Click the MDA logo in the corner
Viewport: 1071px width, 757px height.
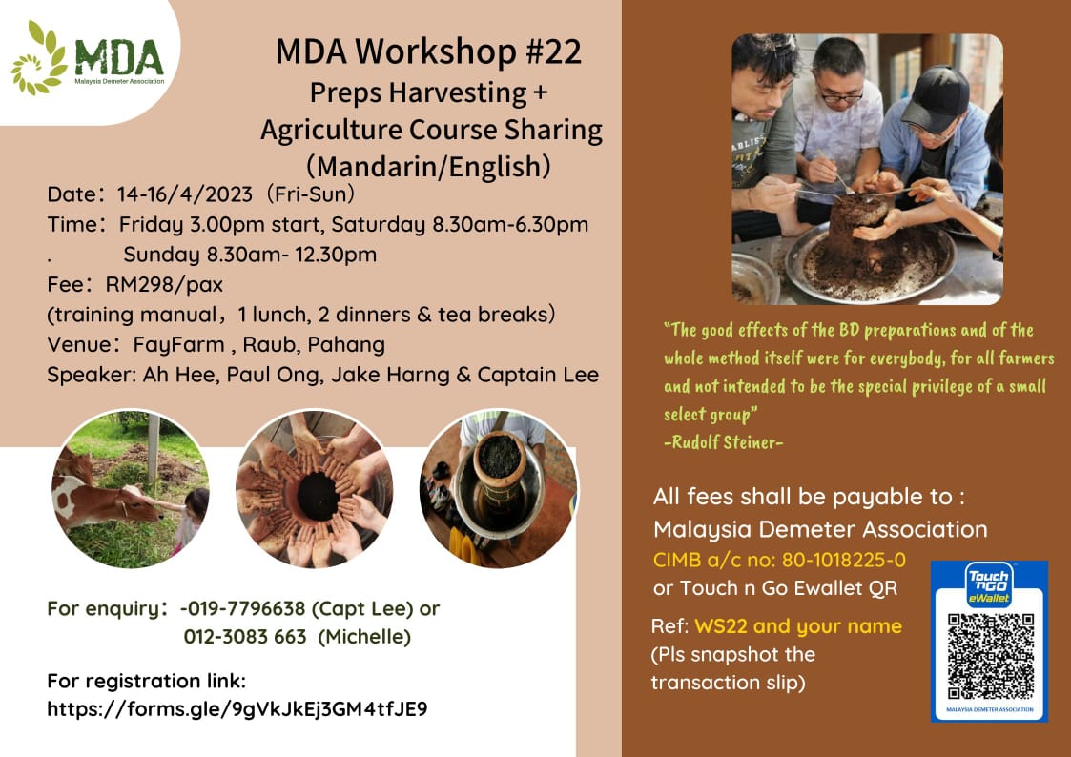pyautogui.click(x=88, y=60)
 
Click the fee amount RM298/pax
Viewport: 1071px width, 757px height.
pyautogui.click(x=164, y=284)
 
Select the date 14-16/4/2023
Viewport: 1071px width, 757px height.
pyautogui.click(x=184, y=194)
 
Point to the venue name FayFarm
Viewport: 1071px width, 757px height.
pyautogui.click(x=178, y=345)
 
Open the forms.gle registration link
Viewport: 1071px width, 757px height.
pyautogui.click(x=237, y=709)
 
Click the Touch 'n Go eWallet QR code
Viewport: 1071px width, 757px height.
pyautogui.click(x=989, y=656)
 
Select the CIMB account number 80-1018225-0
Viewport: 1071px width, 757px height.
pyautogui.click(x=844, y=560)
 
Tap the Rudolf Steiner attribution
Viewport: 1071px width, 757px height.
pyautogui.click(x=723, y=442)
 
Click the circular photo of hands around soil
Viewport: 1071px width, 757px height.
pyautogui.click(x=314, y=489)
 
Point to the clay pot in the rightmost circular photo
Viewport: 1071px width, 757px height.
pyautogui.click(x=500, y=463)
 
